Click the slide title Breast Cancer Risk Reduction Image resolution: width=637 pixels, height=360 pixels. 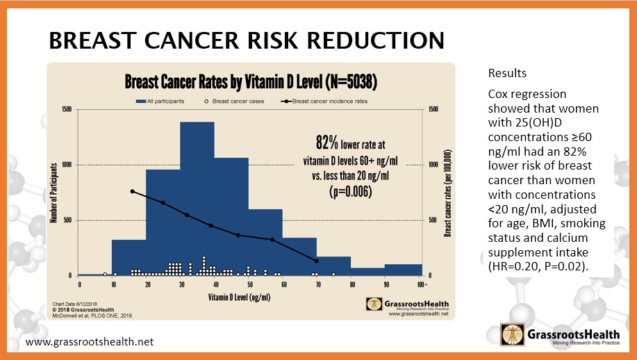246,41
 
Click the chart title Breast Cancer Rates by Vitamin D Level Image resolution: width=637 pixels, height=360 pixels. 250,81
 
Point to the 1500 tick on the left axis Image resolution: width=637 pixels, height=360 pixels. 66,109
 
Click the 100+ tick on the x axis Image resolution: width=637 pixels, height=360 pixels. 421,285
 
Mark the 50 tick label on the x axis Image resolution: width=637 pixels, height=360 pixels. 249,285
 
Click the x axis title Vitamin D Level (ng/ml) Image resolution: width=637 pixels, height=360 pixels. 250,297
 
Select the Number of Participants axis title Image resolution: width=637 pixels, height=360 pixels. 53,193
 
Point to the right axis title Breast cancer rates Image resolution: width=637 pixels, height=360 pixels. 449,193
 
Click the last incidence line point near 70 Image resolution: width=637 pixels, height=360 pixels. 317,261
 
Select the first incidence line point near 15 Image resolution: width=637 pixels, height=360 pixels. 132,191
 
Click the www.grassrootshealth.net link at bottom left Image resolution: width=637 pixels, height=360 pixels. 89,343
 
